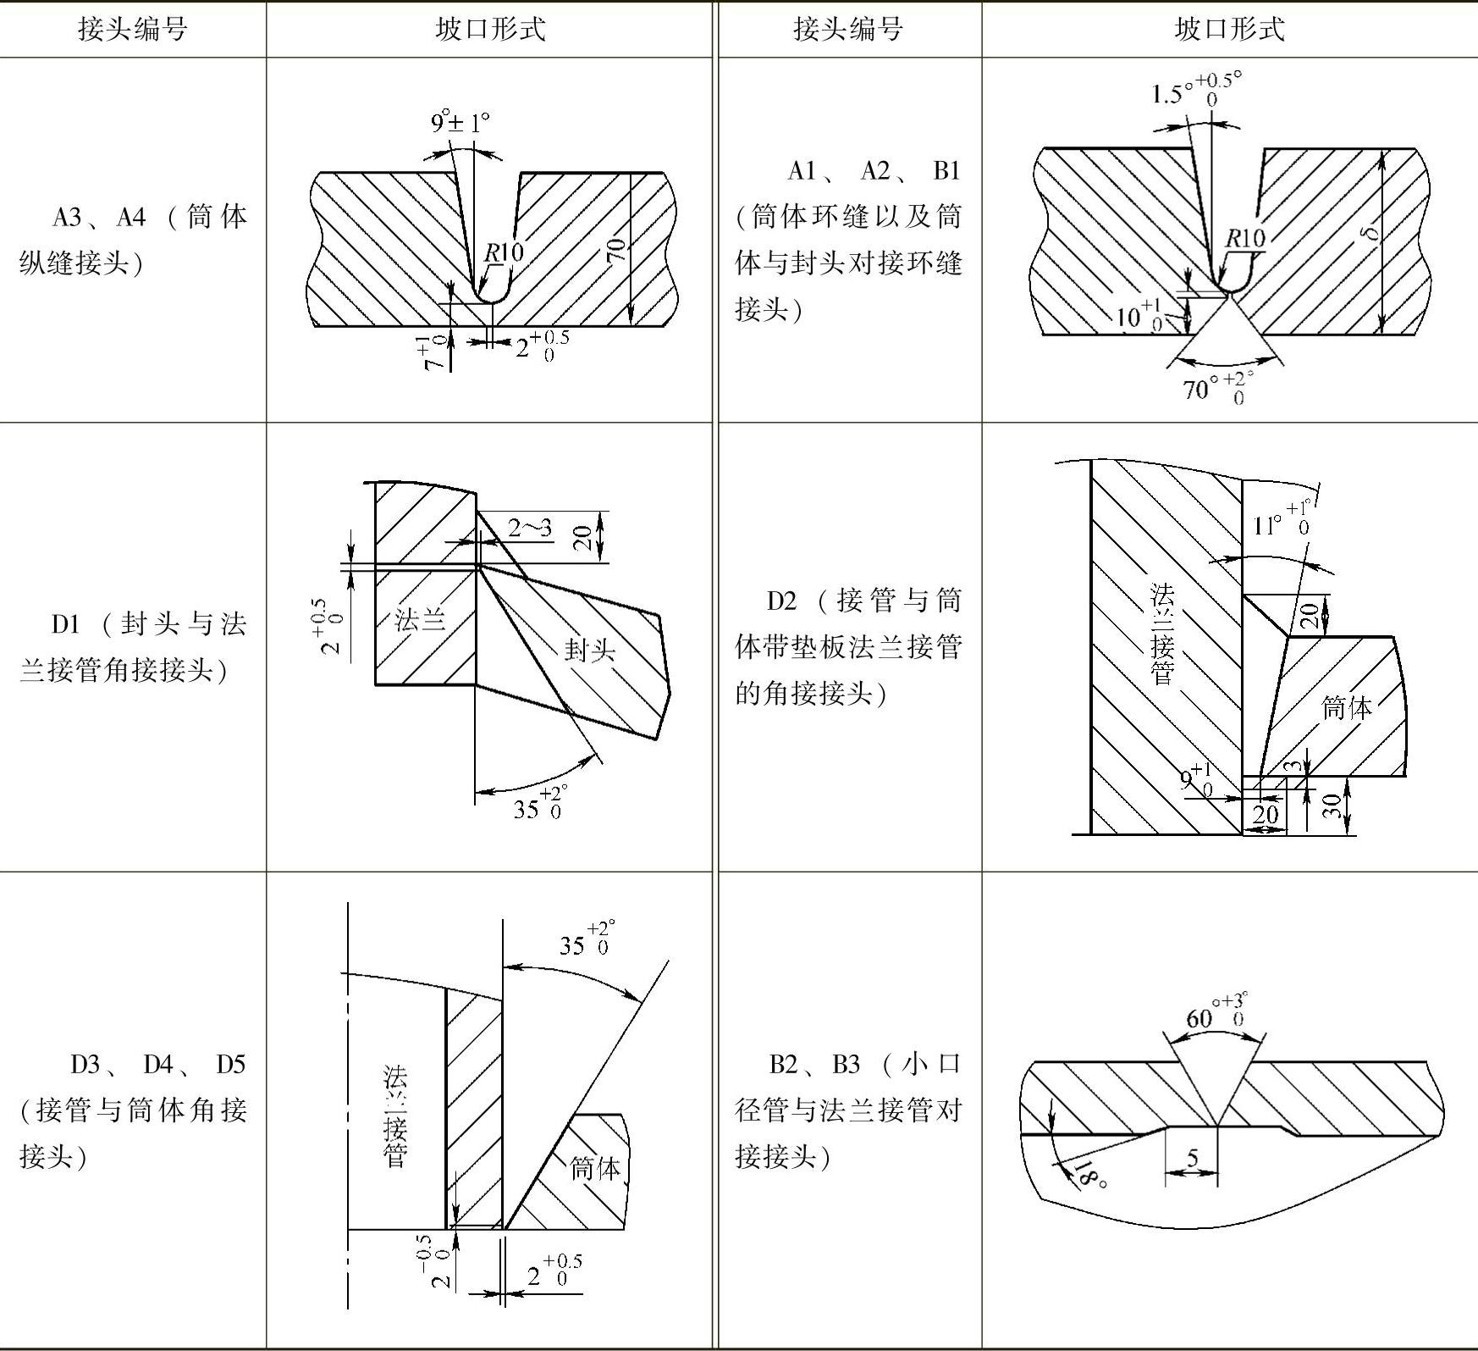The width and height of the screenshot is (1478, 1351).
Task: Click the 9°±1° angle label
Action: tap(460, 124)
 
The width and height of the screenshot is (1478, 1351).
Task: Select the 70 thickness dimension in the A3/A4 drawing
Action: tap(616, 250)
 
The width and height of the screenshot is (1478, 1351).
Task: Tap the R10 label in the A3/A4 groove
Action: tap(504, 252)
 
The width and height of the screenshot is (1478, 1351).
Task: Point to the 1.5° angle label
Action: tap(1194, 90)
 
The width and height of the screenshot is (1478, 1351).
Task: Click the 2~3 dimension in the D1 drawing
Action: tap(529, 529)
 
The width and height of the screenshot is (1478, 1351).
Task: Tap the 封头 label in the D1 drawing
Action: tap(589, 650)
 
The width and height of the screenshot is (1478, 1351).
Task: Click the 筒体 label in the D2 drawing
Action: tap(1347, 706)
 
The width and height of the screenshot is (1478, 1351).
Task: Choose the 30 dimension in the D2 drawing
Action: tap(1332, 806)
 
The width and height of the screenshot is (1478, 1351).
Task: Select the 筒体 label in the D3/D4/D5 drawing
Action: tap(595, 1168)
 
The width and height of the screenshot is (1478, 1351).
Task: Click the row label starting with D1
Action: tap(133, 647)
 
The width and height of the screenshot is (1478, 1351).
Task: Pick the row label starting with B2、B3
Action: tap(848, 1110)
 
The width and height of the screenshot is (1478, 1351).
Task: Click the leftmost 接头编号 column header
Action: tap(133, 30)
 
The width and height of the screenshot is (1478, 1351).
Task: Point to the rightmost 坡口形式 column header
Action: tap(1229, 30)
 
